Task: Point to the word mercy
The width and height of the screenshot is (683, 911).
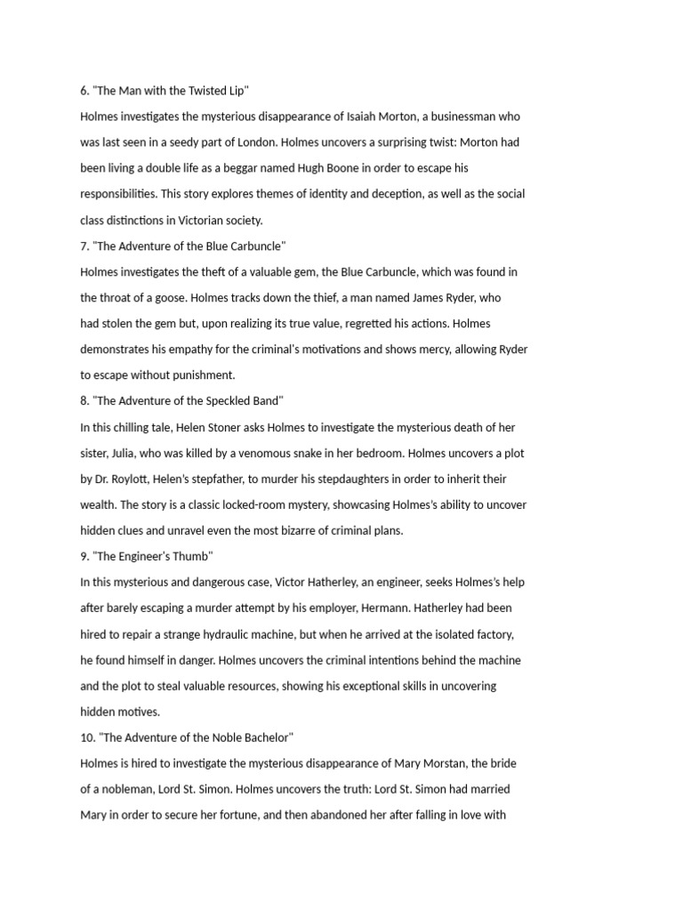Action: tap(425, 350)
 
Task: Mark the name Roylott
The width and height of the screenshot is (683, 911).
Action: tap(133, 479)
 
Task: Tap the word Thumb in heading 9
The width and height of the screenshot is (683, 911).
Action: tap(194, 557)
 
